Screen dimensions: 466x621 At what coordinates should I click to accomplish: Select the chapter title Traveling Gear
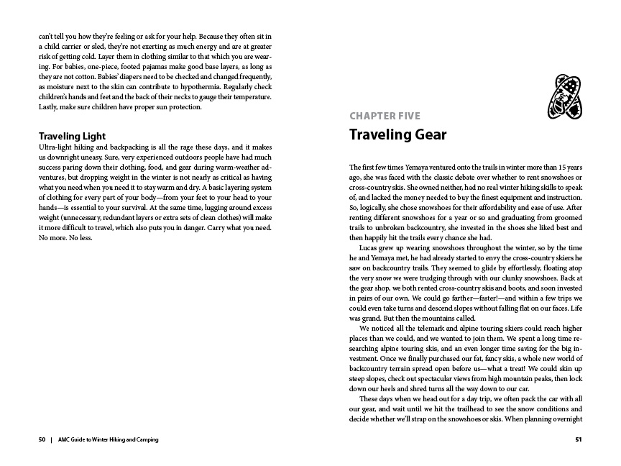coord(397,134)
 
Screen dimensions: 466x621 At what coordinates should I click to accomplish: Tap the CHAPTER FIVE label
coord(385,116)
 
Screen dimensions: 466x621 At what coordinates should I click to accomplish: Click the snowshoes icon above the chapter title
coord(563,96)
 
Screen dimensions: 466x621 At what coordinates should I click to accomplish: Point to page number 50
coord(42,439)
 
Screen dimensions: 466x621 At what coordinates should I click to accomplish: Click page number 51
coord(578,439)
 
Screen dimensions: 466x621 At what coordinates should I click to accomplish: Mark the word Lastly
coord(48,107)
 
